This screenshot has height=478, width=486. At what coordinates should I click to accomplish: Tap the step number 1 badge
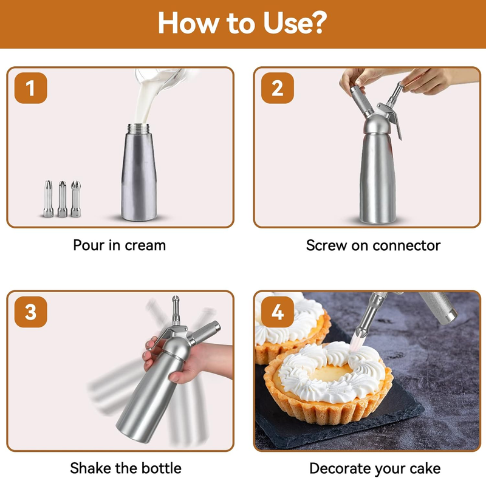tap(31, 88)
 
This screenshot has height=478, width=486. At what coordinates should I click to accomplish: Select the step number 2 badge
tap(278, 88)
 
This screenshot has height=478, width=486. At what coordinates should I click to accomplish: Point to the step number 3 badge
tap(31, 312)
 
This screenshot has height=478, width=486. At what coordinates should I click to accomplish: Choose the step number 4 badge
tap(278, 312)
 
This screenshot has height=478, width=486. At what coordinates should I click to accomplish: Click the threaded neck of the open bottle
tap(139, 129)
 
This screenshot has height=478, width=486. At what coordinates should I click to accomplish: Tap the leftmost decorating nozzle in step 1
tap(48, 199)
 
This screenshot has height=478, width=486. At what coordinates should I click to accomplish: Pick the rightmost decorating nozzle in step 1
tap(76, 199)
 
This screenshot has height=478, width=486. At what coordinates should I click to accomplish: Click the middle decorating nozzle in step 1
tap(63, 199)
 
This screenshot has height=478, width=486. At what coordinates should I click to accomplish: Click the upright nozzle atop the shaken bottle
tap(176, 310)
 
